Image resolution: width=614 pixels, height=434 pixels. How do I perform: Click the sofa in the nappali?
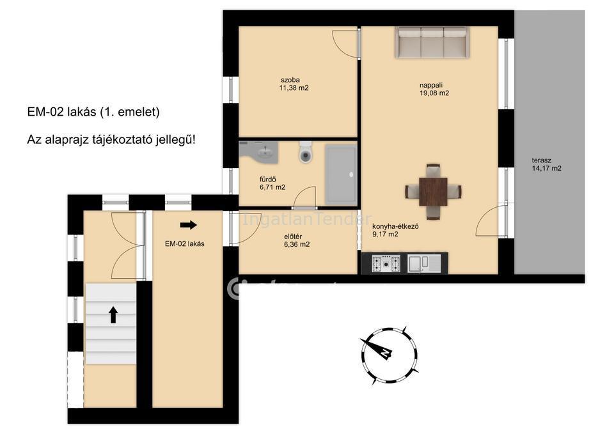click(432, 42)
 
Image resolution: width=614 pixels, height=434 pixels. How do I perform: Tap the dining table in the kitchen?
click(433, 192)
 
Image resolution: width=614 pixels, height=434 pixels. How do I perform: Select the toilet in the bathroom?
click(306, 152)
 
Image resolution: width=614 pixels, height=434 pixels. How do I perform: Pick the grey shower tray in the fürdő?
click(341, 175)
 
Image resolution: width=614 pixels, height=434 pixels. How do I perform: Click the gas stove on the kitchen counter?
click(386, 263)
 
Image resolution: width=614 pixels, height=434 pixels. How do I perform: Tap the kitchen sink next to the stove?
click(423, 263)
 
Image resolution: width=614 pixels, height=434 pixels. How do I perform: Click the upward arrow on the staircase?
click(113, 314)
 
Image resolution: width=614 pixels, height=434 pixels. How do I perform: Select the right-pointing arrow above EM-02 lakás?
click(188, 224)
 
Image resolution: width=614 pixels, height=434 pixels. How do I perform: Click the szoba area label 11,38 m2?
click(294, 88)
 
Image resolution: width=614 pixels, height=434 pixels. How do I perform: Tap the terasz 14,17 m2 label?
click(547, 164)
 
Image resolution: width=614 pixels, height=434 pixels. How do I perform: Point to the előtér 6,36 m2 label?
click(297, 241)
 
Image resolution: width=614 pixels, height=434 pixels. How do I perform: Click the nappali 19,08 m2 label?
click(434, 89)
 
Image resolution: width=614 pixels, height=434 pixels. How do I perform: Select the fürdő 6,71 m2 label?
click(272, 183)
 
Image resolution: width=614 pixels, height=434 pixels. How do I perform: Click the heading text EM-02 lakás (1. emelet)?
click(93, 112)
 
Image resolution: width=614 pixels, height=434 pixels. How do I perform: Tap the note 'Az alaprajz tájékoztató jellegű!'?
click(111, 139)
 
